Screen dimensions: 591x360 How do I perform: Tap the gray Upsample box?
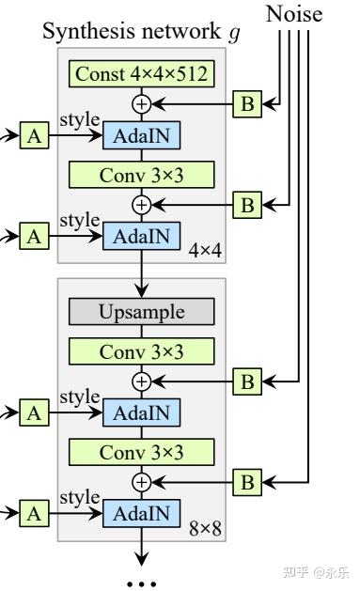tap(141, 310)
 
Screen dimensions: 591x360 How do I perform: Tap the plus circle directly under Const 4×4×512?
tap(141, 103)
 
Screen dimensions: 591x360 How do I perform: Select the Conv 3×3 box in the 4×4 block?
tap(141, 175)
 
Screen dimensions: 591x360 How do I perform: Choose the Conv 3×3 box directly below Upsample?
tap(141, 350)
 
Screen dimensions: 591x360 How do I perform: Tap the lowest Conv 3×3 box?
tap(141, 452)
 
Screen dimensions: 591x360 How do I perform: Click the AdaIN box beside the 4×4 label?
tap(141, 236)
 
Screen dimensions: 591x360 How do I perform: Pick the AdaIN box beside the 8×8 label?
tap(141, 513)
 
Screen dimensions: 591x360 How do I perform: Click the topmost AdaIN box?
tap(141, 135)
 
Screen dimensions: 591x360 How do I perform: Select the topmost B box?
tap(247, 103)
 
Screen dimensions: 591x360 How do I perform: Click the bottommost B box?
tap(247, 482)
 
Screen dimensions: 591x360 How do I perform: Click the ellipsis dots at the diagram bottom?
tap(141, 582)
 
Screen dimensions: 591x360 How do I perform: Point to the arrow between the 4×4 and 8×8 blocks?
tap(141, 267)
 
